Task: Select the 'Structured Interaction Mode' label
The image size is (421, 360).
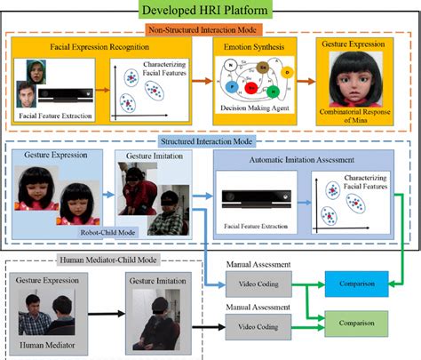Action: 210,140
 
